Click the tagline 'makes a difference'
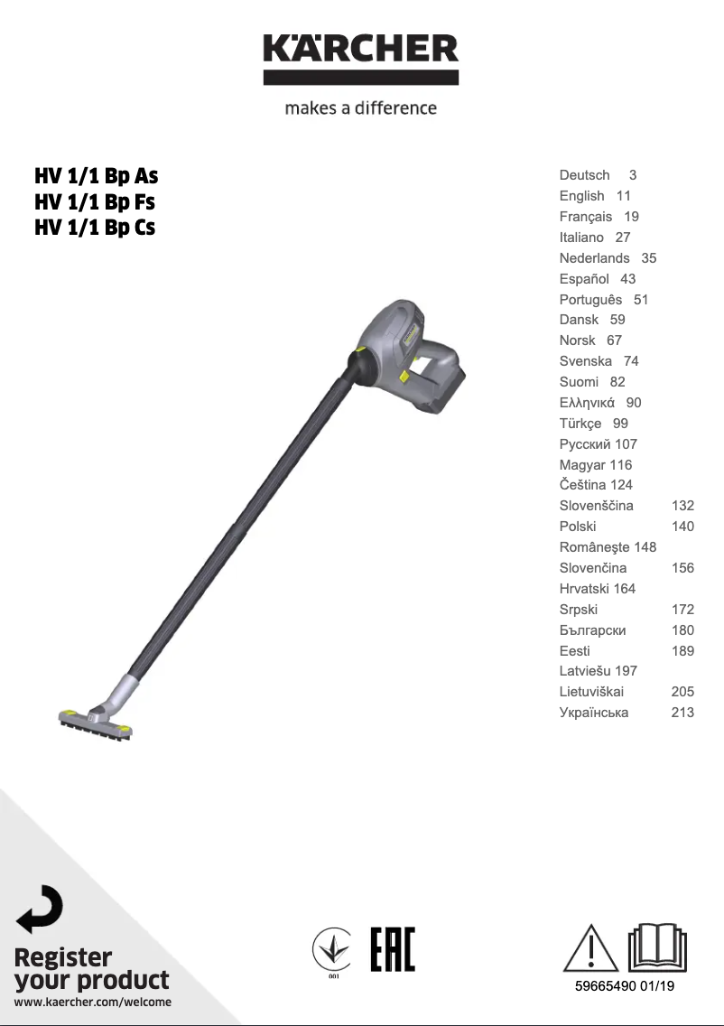point(361,108)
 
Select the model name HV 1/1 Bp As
point(96,175)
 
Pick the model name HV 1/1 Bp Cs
point(95,228)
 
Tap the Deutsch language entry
point(584,175)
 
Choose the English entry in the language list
point(581,196)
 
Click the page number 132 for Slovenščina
point(682,506)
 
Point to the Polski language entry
point(578,527)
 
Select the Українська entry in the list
point(594,713)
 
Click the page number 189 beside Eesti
point(682,651)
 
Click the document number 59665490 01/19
point(625,986)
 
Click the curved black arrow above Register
point(40,909)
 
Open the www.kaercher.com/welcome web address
point(93,1002)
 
